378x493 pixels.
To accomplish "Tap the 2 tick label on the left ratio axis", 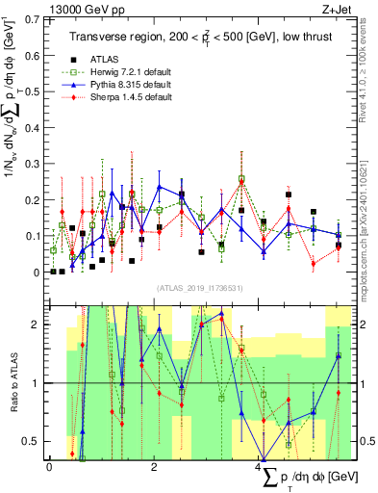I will [x=38, y=324].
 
